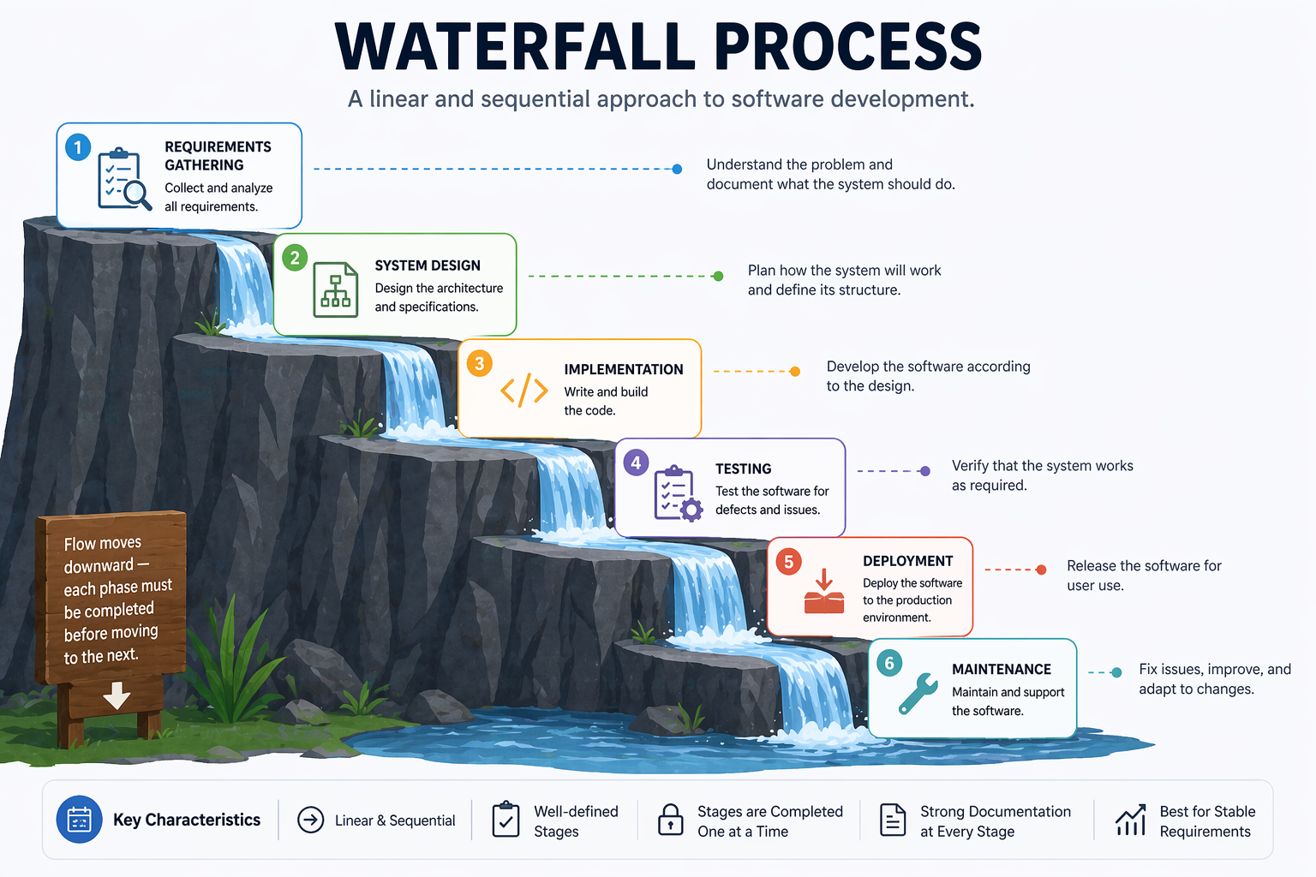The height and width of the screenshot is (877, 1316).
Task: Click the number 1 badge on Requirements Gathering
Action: (78, 147)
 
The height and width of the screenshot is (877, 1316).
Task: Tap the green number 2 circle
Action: (295, 258)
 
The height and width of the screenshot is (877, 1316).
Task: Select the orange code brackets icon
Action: (524, 390)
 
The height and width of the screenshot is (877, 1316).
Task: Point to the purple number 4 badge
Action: (636, 462)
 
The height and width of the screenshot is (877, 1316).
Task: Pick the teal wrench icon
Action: (918, 693)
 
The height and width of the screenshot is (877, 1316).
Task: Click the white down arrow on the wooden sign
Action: (117, 695)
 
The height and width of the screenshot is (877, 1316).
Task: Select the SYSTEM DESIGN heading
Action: (428, 265)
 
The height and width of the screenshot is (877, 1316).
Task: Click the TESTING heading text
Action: (744, 468)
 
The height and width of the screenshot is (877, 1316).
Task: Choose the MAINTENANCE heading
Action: (1002, 669)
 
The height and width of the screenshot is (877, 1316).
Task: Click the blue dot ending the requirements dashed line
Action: (677, 169)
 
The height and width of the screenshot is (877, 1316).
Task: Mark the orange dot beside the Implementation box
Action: (795, 371)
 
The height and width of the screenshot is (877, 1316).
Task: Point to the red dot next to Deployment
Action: (1041, 570)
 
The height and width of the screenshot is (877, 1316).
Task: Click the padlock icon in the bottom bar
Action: (670, 820)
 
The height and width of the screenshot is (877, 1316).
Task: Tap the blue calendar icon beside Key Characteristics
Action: (79, 820)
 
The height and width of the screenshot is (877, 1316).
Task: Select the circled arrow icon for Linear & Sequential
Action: (310, 820)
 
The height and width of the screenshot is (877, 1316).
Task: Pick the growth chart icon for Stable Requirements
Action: (1130, 820)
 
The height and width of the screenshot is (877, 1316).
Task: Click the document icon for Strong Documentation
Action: (893, 820)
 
